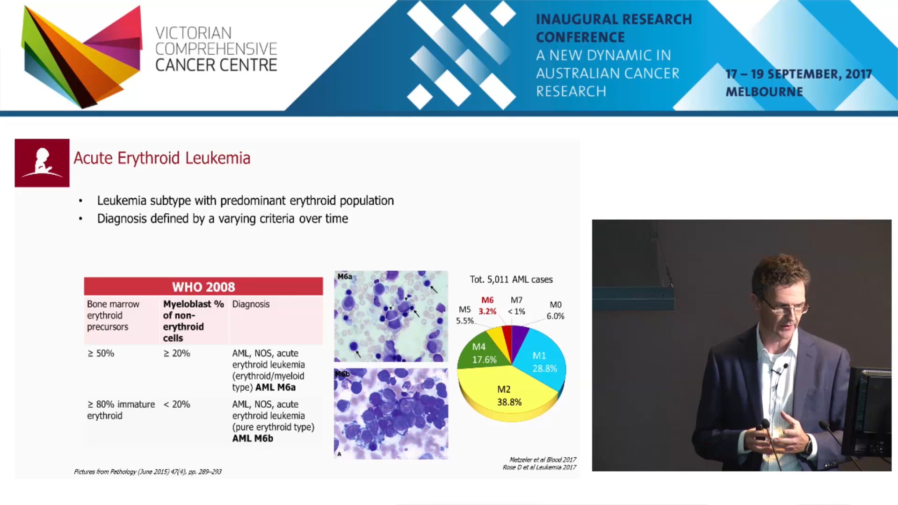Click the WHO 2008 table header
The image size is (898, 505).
pos(203,287)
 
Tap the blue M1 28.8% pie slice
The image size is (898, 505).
pos(543,362)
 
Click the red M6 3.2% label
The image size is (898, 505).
pos(487,306)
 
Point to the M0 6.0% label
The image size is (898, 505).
pos(555,310)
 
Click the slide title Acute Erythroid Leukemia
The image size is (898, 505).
pos(162,158)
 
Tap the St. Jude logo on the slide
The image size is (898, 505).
pos(42,163)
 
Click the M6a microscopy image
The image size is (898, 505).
pos(391,316)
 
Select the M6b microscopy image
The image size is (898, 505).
pos(391,413)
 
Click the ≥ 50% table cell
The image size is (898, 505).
pos(101,353)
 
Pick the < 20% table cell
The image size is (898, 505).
pos(177,404)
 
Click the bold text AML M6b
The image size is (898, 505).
pos(253,439)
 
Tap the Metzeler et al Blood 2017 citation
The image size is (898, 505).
pos(543,460)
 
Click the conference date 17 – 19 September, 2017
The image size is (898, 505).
pos(798,74)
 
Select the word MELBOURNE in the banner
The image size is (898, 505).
pos(764,92)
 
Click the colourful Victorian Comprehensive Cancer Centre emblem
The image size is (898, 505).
pos(82,56)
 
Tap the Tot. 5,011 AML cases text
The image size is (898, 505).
pos(511,280)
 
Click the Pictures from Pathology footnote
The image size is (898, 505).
pos(148,472)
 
